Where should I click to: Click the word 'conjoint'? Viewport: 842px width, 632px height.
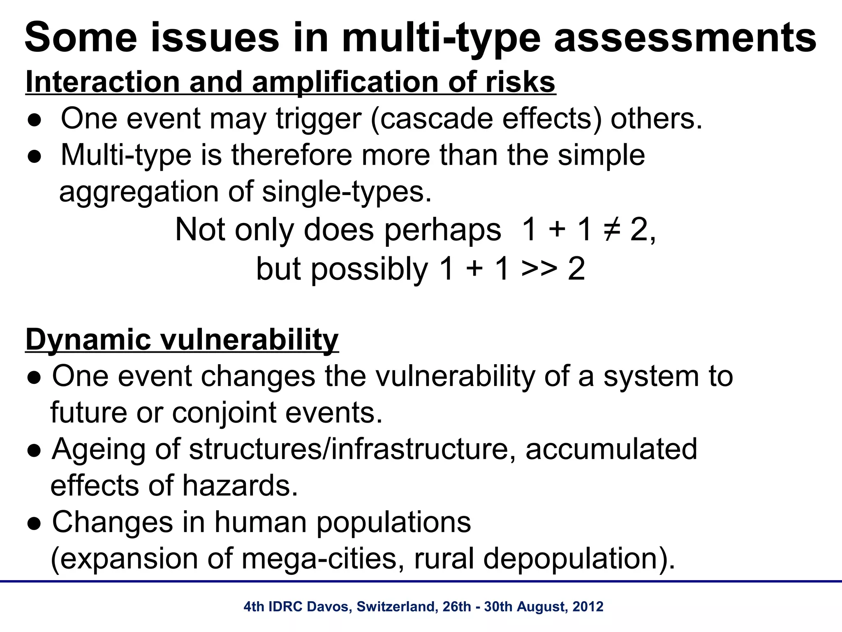click(x=224, y=413)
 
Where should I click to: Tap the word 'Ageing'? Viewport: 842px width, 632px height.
click(x=99, y=450)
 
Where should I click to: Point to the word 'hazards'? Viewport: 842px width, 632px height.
click(x=240, y=486)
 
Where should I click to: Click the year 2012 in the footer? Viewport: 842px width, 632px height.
click(x=588, y=606)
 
